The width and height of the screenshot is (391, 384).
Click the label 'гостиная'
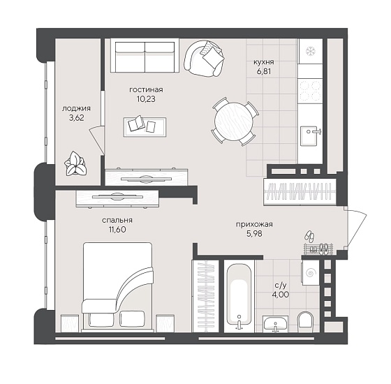point(146,90)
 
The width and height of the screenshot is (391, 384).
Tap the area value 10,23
point(146,99)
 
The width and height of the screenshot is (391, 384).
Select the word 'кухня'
point(264,62)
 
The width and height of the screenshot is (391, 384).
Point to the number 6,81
point(264,71)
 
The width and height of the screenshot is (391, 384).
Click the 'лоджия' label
point(76,108)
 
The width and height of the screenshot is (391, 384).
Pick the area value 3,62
point(77,118)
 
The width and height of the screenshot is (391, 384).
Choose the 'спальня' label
point(117,221)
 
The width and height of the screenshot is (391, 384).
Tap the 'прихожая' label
point(254,224)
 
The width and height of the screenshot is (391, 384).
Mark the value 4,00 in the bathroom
point(281,295)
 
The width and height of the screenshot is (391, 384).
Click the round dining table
point(234,121)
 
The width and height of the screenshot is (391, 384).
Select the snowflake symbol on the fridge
point(311,52)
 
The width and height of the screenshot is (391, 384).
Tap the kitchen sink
point(311,136)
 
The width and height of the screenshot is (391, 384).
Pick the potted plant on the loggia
point(75,164)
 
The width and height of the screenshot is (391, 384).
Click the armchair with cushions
point(204,59)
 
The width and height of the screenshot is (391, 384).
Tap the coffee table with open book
point(145,127)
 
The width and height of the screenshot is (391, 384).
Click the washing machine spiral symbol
point(311,273)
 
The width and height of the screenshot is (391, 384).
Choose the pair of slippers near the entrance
point(310,236)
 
